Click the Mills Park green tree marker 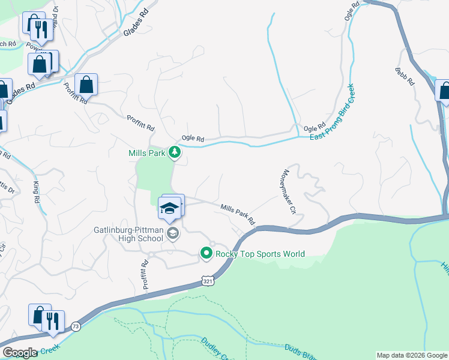pyautogui.click(x=175, y=152)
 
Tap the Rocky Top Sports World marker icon pyautogui.click(x=206, y=254)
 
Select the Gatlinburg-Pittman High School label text pyautogui.click(x=128, y=234)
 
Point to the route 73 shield pyautogui.click(x=75, y=325)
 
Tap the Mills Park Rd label pyautogui.click(x=238, y=214)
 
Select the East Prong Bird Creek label pyautogui.click(x=333, y=113)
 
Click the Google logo pyautogui.click(x=20, y=353)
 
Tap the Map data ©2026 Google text pyautogui.click(x=411, y=355)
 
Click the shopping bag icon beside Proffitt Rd pyautogui.click(x=86, y=85)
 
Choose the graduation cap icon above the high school pyautogui.click(x=169, y=208)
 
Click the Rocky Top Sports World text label pyautogui.click(x=261, y=254)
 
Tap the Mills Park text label pyautogui.click(x=146, y=153)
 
